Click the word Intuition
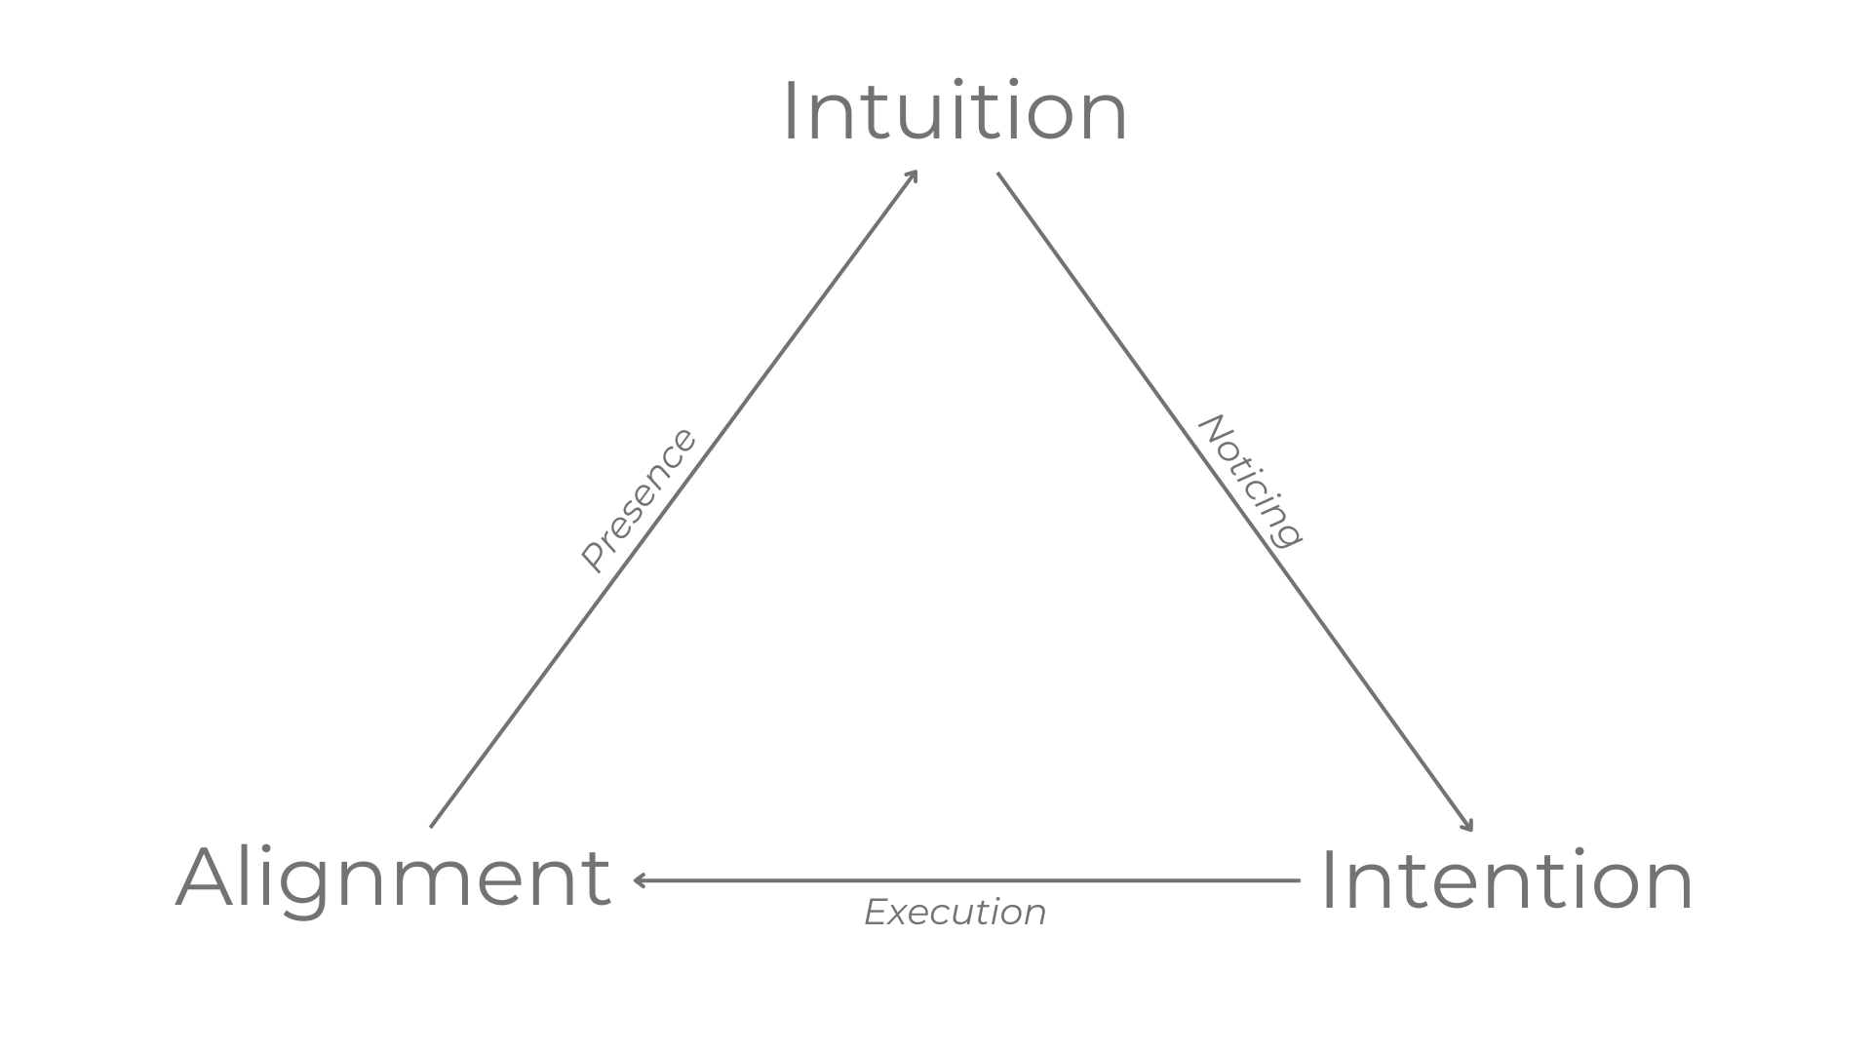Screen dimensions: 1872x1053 pyautogui.click(x=955, y=112)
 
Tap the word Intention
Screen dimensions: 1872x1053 pyautogui.click(x=1505, y=880)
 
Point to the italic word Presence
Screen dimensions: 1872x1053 pyautogui.click(x=639, y=500)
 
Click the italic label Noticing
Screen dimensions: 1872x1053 pyautogui.click(x=1250, y=482)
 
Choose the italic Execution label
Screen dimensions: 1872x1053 pyautogui.click(x=955, y=913)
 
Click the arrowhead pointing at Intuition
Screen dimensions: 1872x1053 pyautogui.click(x=913, y=175)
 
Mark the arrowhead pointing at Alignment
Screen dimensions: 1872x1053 pyautogui.click(x=639, y=880)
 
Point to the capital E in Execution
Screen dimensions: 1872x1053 pyautogui.click(x=876, y=913)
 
